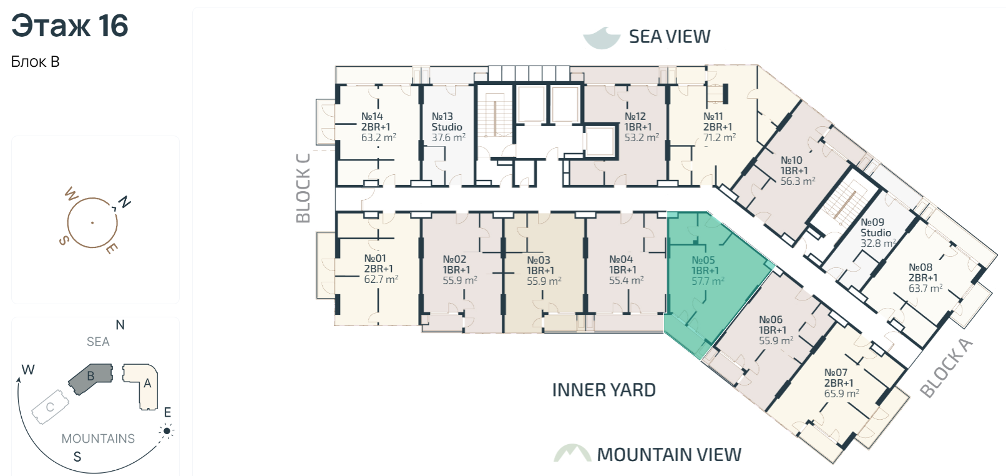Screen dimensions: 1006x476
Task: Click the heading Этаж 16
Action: pyautogui.click(x=70, y=26)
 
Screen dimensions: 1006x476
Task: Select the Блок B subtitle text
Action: pyautogui.click(x=35, y=62)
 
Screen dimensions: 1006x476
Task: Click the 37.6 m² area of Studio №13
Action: pyautogui.click(x=448, y=137)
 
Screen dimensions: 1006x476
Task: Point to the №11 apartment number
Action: pyautogui.click(x=713, y=116)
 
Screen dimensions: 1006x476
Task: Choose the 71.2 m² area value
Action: pyautogui.click(x=720, y=137)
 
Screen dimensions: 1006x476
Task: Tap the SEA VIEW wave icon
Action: pyautogui.click(x=602, y=37)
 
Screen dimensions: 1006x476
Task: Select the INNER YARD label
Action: pyautogui.click(x=603, y=390)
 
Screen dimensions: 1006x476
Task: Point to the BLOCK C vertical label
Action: pyautogui.click(x=303, y=188)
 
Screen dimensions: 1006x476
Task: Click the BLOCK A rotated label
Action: pyautogui.click(x=947, y=369)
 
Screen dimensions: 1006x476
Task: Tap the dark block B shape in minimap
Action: pyautogui.click(x=91, y=378)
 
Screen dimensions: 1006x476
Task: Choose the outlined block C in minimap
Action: pyautogui.click(x=51, y=407)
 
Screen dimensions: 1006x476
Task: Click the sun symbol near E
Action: pyautogui.click(x=167, y=431)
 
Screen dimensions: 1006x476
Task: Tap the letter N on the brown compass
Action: pyautogui.click(x=124, y=202)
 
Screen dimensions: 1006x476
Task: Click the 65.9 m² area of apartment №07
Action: pyautogui.click(x=842, y=394)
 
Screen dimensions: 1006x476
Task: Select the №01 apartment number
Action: pyautogui.click(x=374, y=259)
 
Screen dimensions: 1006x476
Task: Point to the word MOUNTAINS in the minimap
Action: pyautogui.click(x=98, y=439)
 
